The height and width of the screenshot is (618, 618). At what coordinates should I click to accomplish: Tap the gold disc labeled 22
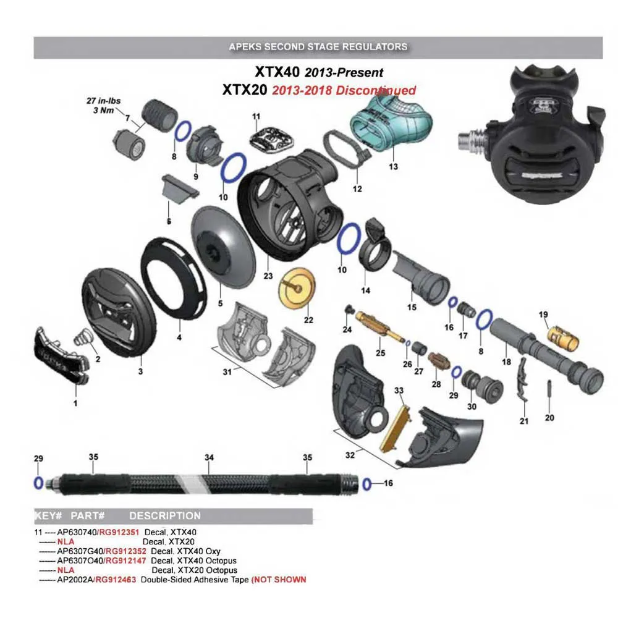click(x=298, y=289)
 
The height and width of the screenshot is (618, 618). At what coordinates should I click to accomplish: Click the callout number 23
click(x=268, y=276)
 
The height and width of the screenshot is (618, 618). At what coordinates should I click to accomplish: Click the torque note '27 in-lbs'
click(x=104, y=101)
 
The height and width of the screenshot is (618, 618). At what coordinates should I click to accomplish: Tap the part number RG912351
click(x=119, y=532)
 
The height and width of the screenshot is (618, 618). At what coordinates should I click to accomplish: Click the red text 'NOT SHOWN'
click(x=280, y=580)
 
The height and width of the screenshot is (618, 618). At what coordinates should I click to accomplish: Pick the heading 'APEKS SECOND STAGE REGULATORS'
click(x=318, y=46)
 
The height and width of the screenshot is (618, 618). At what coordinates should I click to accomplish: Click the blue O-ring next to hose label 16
click(x=367, y=484)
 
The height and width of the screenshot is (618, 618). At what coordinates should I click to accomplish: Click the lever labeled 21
click(x=522, y=379)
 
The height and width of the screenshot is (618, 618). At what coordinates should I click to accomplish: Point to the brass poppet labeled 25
click(x=379, y=327)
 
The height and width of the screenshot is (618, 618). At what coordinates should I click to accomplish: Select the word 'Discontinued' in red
click(x=376, y=90)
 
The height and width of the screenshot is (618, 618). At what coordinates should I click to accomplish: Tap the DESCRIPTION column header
click(x=165, y=515)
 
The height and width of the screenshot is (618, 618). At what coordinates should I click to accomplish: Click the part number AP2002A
click(x=75, y=580)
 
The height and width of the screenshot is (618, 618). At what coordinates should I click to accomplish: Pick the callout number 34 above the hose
click(x=209, y=457)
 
